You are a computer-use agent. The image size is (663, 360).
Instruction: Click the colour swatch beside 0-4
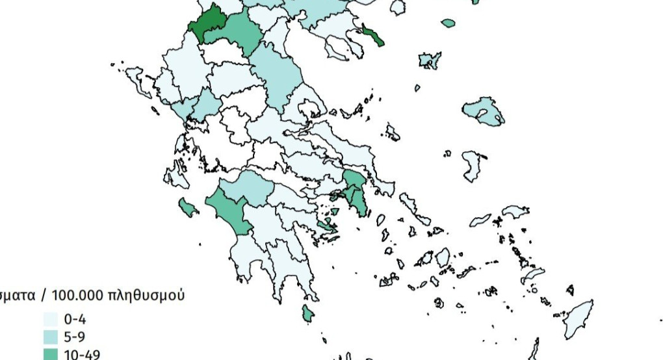tap(51, 320)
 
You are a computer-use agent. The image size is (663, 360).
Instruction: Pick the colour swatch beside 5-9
tap(51, 337)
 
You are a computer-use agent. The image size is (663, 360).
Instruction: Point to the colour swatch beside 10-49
tap(51, 354)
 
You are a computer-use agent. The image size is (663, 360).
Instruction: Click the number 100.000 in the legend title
tap(77, 296)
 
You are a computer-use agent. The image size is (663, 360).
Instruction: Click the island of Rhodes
tap(578, 318)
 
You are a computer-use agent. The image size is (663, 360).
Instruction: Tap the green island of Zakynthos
tap(188, 208)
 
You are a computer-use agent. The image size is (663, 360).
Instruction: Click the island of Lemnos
tap(430, 60)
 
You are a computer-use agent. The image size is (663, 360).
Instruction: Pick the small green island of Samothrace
tap(448, 23)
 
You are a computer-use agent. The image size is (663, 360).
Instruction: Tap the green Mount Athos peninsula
tap(373, 35)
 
